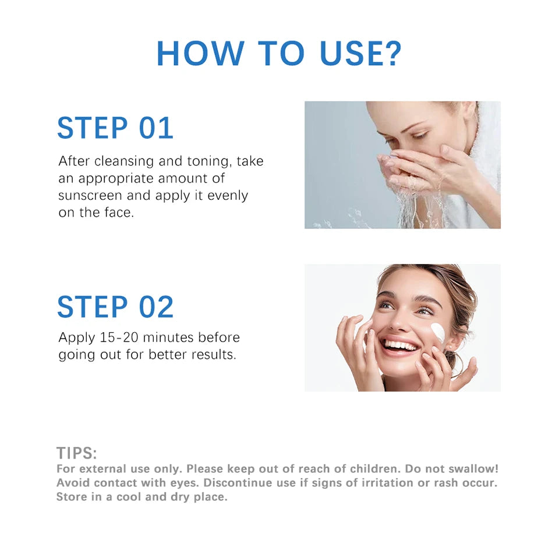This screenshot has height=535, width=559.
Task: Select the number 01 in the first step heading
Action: pyautogui.click(x=155, y=129)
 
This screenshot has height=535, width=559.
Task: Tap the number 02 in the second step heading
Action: pyautogui.click(x=155, y=307)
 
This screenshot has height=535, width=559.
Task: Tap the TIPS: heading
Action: pyautogui.click(x=76, y=453)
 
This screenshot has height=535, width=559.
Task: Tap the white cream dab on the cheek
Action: pyautogui.click(x=438, y=333)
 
